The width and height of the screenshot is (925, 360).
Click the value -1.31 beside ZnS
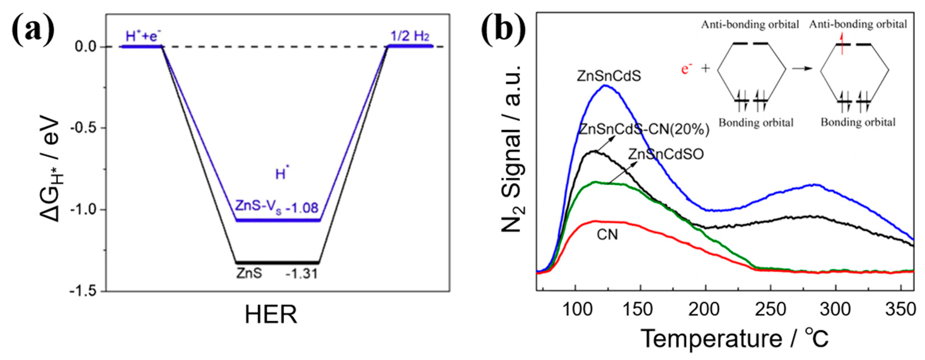301,274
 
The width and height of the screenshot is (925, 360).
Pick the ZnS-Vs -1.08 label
277,207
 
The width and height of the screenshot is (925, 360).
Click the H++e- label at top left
143,36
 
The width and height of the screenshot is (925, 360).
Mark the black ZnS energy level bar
277,262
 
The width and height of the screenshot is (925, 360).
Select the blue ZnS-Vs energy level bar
277,220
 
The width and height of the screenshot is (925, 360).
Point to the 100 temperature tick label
575,309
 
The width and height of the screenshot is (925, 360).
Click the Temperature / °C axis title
734,338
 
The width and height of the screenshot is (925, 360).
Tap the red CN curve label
607,235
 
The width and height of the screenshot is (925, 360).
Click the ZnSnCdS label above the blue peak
609,76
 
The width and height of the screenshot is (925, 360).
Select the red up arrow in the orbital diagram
848,53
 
